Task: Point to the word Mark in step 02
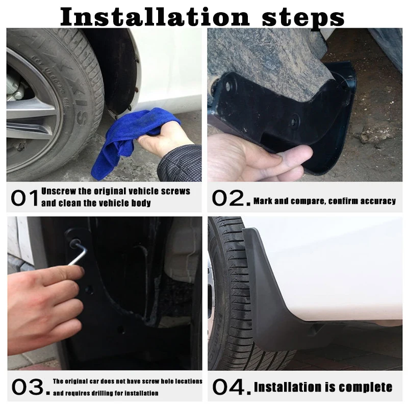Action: [x=263, y=201]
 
